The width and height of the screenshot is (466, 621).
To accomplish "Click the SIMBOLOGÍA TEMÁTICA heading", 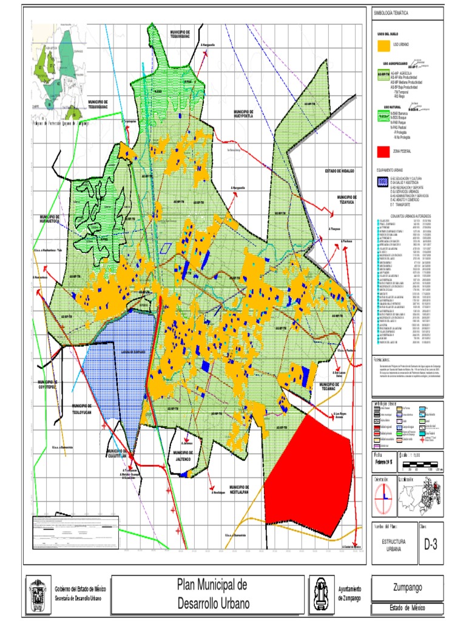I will click(392, 13).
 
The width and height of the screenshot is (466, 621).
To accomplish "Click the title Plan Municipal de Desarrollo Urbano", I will click(212, 594).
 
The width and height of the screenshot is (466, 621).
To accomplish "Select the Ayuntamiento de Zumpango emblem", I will click(321, 594).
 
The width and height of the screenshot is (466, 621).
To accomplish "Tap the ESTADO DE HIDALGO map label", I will click(339, 171).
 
